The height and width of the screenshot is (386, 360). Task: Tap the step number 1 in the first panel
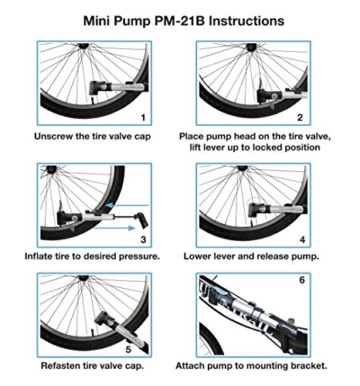[x=143, y=118]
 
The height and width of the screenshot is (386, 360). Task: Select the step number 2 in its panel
[x=300, y=118]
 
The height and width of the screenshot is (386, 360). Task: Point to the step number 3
[x=143, y=239]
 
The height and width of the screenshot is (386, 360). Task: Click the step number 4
[x=302, y=239]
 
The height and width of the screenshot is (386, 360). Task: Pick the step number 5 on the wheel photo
[x=128, y=350]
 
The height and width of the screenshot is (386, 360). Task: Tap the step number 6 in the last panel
[x=302, y=280]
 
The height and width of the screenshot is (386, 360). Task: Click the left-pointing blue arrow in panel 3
[x=127, y=205]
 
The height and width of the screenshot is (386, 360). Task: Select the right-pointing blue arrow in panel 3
[x=114, y=228]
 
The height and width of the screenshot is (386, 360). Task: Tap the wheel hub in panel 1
[x=83, y=46]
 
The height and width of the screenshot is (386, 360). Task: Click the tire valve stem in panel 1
[x=93, y=100]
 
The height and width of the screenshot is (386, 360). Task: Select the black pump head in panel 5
[x=105, y=320]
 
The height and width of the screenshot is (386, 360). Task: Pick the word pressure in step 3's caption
[x=139, y=257]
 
